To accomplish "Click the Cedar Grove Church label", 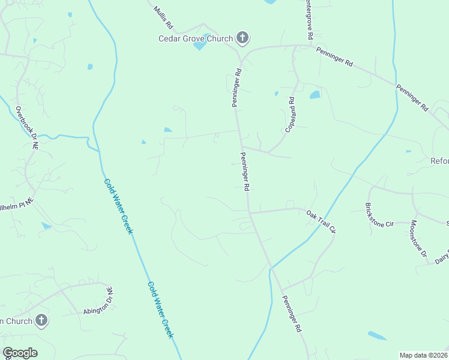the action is (195, 39).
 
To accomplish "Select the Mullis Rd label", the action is (163, 19).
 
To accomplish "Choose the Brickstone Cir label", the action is (379, 215).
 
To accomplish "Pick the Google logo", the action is (20, 353).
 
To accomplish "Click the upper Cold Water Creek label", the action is (118, 206).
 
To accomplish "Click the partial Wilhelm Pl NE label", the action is (17, 204).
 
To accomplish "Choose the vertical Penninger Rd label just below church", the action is (237, 88).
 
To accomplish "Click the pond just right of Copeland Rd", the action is (315, 95).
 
